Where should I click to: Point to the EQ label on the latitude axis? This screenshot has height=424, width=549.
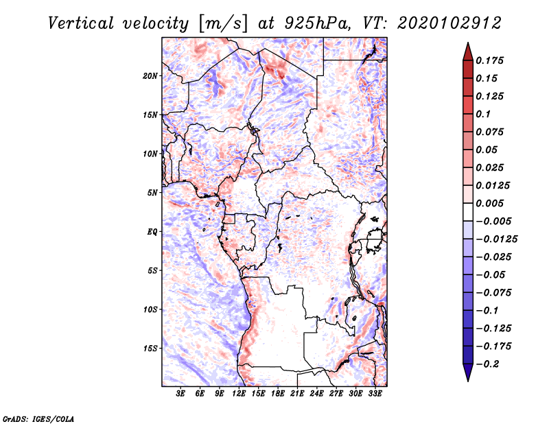pyautogui.click(x=152, y=231)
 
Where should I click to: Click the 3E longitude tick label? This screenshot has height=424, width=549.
pyautogui.click(x=181, y=394)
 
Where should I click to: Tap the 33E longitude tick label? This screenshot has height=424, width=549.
pyautogui.click(x=375, y=394)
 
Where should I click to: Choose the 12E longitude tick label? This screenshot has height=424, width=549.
pyautogui.click(x=240, y=394)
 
